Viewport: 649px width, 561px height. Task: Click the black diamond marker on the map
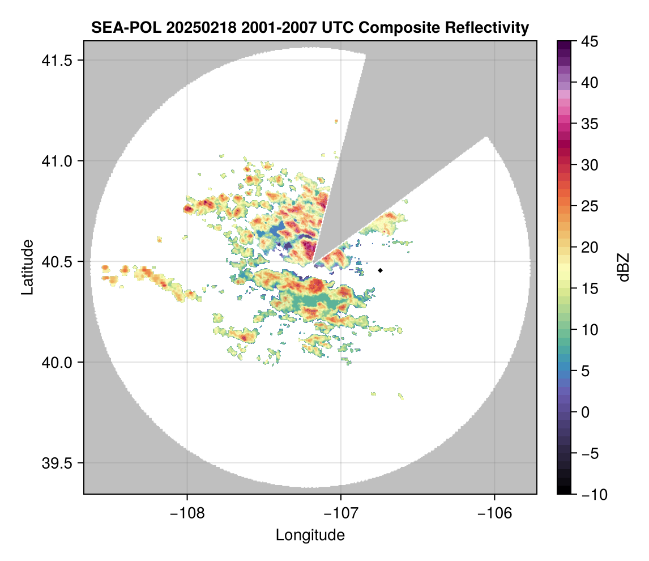tap(381, 270)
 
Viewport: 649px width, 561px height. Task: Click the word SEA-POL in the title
tap(118, 27)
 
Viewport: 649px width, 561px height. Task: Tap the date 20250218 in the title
tap(185, 27)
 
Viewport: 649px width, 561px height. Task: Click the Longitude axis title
tap(310, 535)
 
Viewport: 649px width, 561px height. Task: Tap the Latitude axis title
tap(27, 267)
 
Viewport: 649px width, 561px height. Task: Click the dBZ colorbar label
tap(624, 267)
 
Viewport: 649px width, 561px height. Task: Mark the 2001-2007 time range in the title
tap(264, 27)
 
